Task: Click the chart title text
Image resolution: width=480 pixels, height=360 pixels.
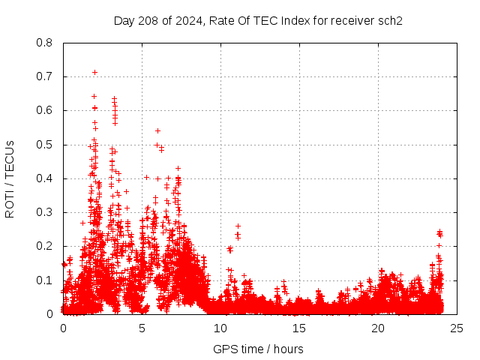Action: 258,21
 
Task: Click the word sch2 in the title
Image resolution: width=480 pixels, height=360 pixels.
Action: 390,21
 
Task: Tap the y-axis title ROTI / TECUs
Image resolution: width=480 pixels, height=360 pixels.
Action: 10,178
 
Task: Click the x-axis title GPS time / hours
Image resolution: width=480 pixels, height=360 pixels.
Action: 258,349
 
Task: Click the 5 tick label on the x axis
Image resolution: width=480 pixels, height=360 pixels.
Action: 142,328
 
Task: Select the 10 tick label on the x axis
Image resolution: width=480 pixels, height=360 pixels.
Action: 220,328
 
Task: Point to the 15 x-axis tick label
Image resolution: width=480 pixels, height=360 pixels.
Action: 299,328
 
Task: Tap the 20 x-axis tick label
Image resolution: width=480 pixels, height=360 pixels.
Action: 378,328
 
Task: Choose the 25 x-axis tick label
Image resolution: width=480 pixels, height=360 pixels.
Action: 457,328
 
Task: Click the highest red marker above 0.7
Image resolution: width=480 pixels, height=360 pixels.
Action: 94,72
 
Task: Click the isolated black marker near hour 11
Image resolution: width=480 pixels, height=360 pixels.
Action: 238,226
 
